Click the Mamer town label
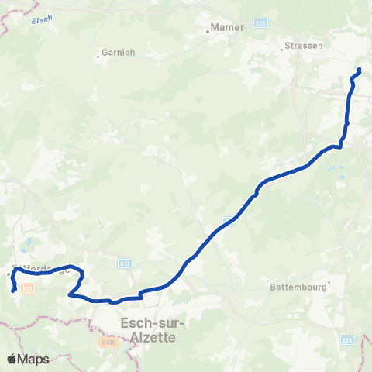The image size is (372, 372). tap(228, 28)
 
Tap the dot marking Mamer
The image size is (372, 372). tap(208, 32)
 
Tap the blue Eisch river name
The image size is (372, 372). tap(41, 20)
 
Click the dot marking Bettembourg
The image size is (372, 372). tap(329, 282)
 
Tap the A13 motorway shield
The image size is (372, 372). tap(125, 263)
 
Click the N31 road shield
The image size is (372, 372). tap(27, 287)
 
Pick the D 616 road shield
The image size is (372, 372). tap(107, 341)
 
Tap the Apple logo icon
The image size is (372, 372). tap(12, 359)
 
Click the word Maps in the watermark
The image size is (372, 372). tap(34, 360)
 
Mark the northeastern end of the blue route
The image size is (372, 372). tap(360, 71)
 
